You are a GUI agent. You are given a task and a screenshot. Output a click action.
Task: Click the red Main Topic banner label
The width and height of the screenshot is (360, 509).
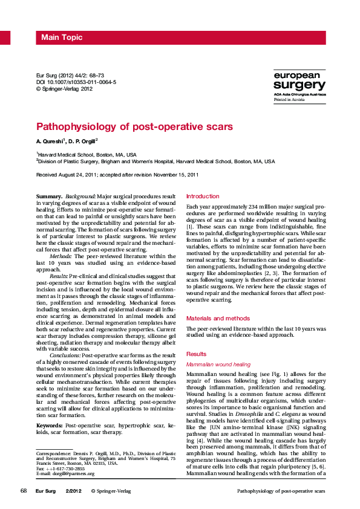click(62, 38)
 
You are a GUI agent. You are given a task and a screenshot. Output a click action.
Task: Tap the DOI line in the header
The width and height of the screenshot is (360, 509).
click(76, 82)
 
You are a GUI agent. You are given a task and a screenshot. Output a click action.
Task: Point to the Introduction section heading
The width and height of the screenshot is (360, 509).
click(203, 196)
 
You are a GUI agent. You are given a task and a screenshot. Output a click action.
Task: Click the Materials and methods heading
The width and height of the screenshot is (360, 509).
click(217, 318)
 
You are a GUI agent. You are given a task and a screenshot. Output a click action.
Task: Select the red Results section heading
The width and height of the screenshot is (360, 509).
click(196, 354)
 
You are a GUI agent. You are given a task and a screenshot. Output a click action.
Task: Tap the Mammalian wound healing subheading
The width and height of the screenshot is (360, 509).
click(218, 365)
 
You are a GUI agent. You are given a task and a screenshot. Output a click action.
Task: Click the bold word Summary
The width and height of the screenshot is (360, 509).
click(49, 197)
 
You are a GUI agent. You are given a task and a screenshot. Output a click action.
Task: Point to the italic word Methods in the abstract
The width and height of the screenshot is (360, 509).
click(61, 256)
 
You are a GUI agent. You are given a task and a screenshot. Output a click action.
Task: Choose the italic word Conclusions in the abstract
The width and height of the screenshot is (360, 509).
click(68, 355)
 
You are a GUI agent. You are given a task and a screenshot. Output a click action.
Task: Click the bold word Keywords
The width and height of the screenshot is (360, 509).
click(50, 409)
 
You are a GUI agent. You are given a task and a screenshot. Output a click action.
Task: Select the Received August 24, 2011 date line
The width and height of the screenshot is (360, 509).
click(117, 175)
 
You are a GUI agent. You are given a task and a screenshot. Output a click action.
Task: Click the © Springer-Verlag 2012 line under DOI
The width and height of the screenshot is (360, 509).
click(65, 88)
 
